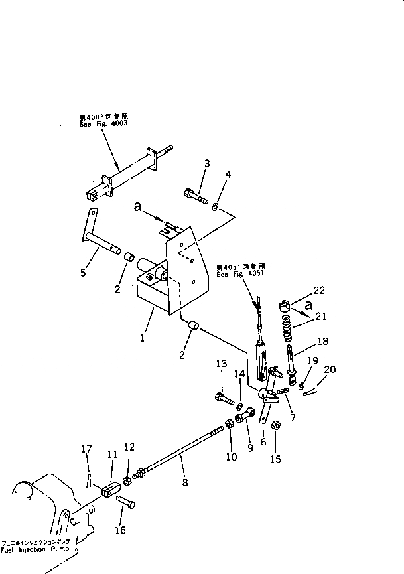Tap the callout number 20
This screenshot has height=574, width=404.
pyautogui.click(x=331, y=370)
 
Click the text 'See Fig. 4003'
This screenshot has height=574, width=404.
pyautogui.click(x=98, y=123)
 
